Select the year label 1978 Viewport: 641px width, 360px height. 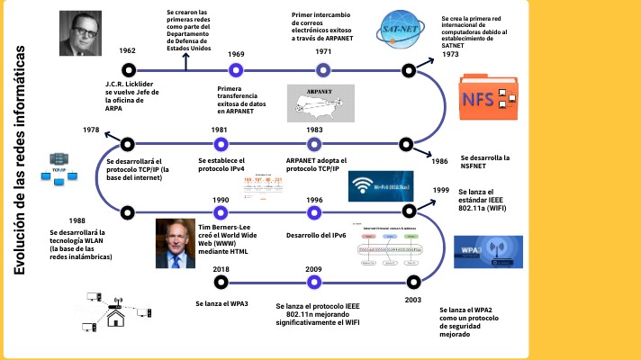90,130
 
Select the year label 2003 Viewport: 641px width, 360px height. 413,299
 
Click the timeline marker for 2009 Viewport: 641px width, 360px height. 314,282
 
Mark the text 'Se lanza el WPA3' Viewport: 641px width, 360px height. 222,304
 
